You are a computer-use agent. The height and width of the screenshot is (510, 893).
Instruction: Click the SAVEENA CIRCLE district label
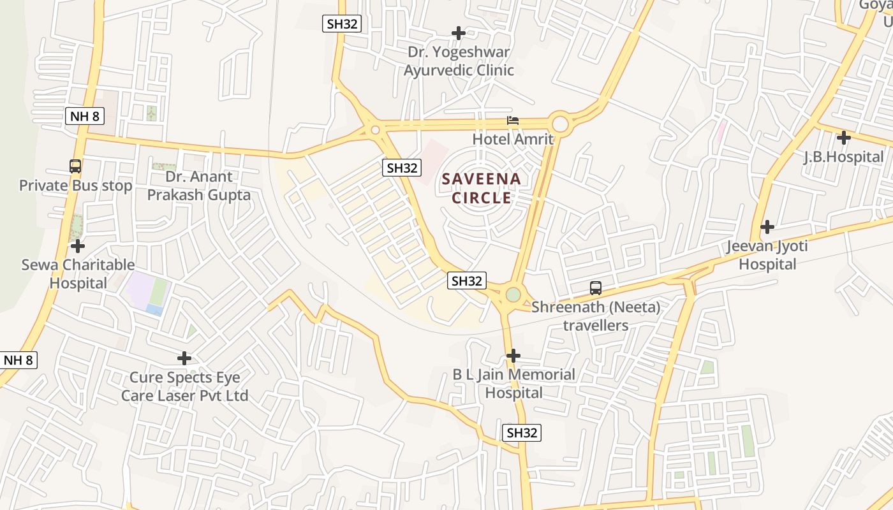click(x=482, y=188)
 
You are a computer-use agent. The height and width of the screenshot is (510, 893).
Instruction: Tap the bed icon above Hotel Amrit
click(x=512, y=120)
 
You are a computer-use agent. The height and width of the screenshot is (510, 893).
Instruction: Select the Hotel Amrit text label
click(x=513, y=138)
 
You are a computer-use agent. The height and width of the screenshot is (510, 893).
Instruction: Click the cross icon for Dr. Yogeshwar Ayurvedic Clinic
click(x=458, y=33)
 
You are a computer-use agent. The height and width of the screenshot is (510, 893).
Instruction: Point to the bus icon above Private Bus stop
click(x=75, y=166)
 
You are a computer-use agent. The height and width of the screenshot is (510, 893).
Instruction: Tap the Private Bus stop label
click(x=75, y=186)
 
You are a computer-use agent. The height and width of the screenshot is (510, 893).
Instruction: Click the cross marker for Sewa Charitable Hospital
click(x=78, y=245)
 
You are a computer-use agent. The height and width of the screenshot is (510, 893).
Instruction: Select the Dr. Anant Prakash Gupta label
click(x=199, y=186)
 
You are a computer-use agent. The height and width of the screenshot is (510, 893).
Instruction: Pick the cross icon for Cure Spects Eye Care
click(x=184, y=358)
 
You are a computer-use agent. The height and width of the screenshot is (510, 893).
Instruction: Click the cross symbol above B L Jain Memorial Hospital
click(x=513, y=355)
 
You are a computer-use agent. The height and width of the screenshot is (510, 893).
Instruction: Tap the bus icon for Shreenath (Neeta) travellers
click(x=595, y=288)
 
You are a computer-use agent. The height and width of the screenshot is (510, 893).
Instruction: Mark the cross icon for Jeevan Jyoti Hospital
click(x=767, y=226)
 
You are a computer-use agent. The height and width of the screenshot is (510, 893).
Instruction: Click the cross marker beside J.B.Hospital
click(x=844, y=137)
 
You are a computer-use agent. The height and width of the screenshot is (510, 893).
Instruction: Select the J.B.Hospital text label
click(x=843, y=156)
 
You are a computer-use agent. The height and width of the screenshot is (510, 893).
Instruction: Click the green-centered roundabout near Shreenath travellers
click(x=513, y=295)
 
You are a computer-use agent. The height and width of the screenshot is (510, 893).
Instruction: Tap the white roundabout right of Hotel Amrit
click(x=560, y=123)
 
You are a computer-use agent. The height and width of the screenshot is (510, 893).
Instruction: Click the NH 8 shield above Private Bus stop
click(x=84, y=116)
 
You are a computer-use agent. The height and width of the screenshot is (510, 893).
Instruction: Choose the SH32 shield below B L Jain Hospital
click(x=522, y=433)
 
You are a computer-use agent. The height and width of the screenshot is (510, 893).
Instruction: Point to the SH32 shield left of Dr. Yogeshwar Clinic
click(x=342, y=24)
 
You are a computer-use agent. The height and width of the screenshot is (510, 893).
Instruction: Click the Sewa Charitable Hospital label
click(x=78, y=273)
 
